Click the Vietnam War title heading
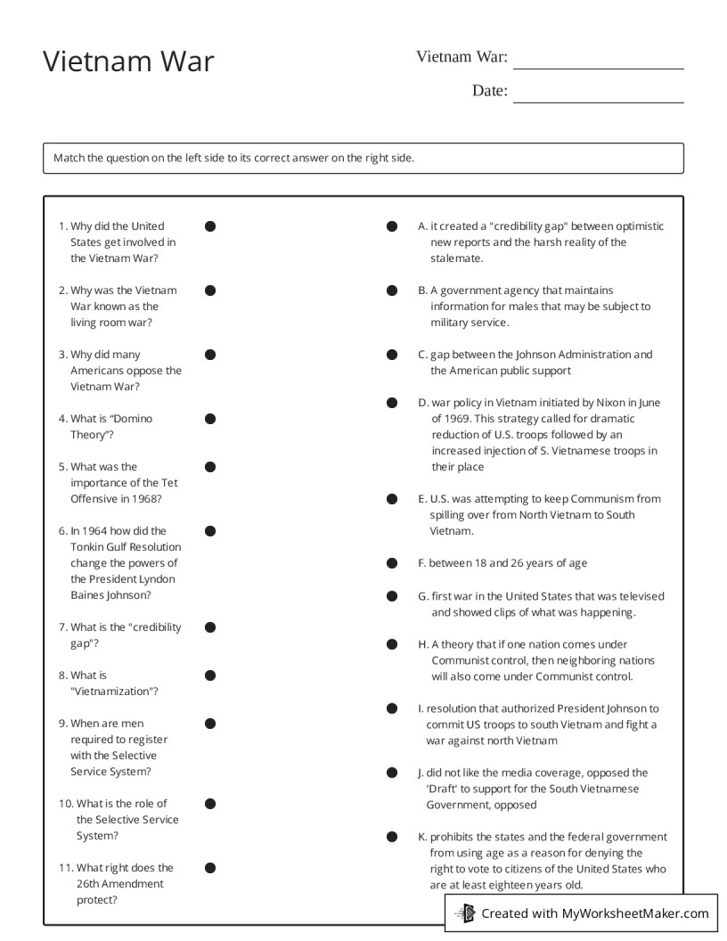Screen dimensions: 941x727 tap(128, 61)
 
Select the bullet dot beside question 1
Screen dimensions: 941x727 tap(210, 226)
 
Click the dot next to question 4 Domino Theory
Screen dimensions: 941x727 tap(210, 419)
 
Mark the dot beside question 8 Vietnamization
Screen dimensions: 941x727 tap(210, 675)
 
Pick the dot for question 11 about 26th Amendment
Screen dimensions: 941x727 tap(210, 868)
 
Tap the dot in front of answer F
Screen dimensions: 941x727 tap(392, 563)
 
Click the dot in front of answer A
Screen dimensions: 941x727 tap(392, 226)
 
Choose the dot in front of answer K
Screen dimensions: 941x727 tap(392, 838)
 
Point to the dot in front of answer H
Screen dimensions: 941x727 tap(392, 644)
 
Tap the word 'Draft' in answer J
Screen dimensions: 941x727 tap(444, 789)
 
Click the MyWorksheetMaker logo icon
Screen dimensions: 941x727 tap(465, 912)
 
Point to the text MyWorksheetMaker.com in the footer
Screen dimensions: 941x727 tap(635, 913)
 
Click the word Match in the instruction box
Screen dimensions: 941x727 tap(69, 158)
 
